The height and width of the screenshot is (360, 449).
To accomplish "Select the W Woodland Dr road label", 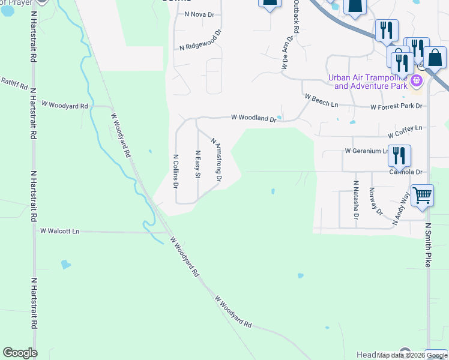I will (x=253, y=118).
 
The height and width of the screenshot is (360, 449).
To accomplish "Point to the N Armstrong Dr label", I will (x=217, y=159).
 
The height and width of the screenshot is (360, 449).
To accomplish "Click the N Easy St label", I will (x=197, y=164).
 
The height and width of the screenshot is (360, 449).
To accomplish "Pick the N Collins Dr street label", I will (x=176, y=172).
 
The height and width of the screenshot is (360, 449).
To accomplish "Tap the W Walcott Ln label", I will (x=59, y=230).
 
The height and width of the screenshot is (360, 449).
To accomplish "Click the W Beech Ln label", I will (x=321, y=100).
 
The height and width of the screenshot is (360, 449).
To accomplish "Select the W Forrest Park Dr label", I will (x=396, y=107).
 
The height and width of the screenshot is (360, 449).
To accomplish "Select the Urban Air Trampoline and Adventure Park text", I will (x=367, y=82).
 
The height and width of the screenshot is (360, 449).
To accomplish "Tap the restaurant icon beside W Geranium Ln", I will (x=399, y=156).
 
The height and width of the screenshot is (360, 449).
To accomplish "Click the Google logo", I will (x=20, y=353).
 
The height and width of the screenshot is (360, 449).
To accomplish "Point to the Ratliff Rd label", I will (x=13, y=83).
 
